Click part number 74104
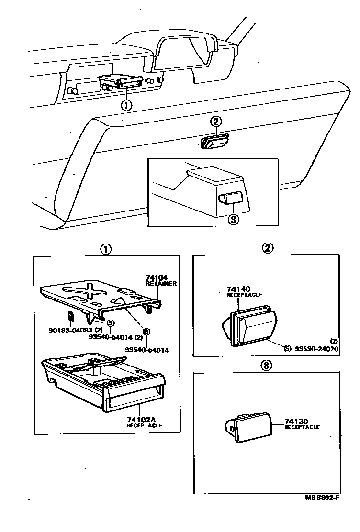coord(156,277)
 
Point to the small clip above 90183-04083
coord(70,316)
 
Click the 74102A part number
coord(141,420)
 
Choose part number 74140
coord(238,289)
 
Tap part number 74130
coord(296,421)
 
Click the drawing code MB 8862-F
coord(322,497)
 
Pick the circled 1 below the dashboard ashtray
coord(126,105)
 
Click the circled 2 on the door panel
coord(216,122)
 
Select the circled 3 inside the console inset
coord(233,220)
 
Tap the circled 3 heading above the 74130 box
coord(267,366)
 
